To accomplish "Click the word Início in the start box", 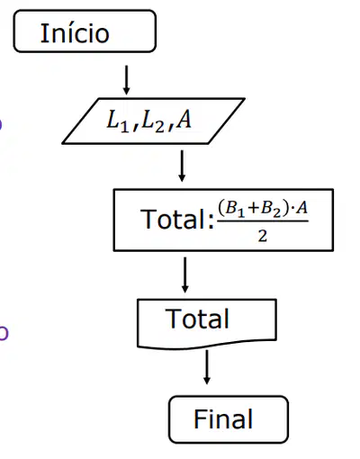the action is [75, 32].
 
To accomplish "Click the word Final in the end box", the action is [223, 418].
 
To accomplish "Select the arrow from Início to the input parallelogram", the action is [126, 80].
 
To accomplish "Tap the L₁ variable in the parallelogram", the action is [118, 121].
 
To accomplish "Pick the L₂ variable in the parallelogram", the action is [152, 121].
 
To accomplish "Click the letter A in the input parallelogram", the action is [184, 120].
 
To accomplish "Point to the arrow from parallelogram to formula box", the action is [182, 166].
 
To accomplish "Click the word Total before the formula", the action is [173, 219].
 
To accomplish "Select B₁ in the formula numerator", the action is [235, 208].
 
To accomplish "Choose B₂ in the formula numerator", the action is [271, 208].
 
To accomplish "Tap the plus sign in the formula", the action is [253, 208].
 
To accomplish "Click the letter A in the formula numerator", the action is [301, 208].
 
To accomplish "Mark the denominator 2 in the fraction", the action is [263, 236].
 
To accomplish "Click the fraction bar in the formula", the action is [263, 221].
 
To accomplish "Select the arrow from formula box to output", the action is [184, 274].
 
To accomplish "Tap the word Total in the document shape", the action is [197, 319].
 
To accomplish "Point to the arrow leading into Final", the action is [206, 367].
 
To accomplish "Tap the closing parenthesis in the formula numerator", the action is [286, 208].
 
